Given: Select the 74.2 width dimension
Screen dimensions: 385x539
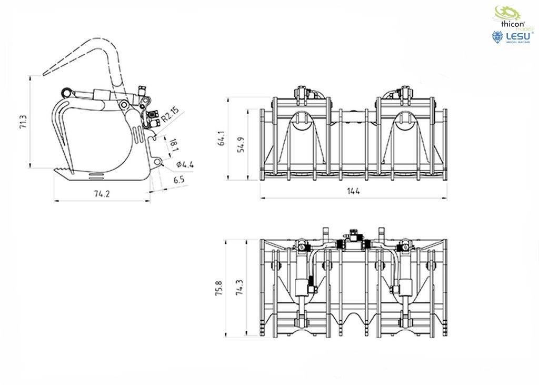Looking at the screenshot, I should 102,193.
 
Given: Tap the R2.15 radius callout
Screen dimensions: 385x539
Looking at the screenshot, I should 170,115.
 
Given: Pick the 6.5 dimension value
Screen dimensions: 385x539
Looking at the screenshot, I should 178,180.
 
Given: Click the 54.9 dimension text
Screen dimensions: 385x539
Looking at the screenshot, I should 241,144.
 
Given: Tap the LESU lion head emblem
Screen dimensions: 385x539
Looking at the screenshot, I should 496,36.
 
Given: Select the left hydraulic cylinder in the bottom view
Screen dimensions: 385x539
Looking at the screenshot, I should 302,287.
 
